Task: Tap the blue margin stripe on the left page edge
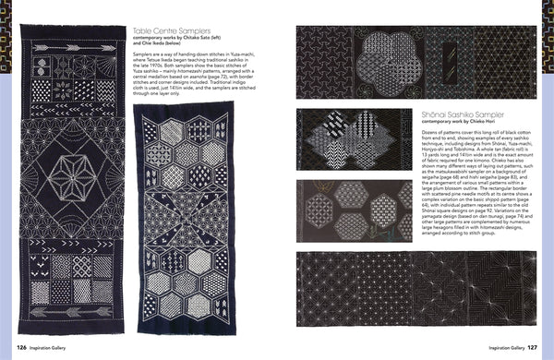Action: (x=7, y=185)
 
